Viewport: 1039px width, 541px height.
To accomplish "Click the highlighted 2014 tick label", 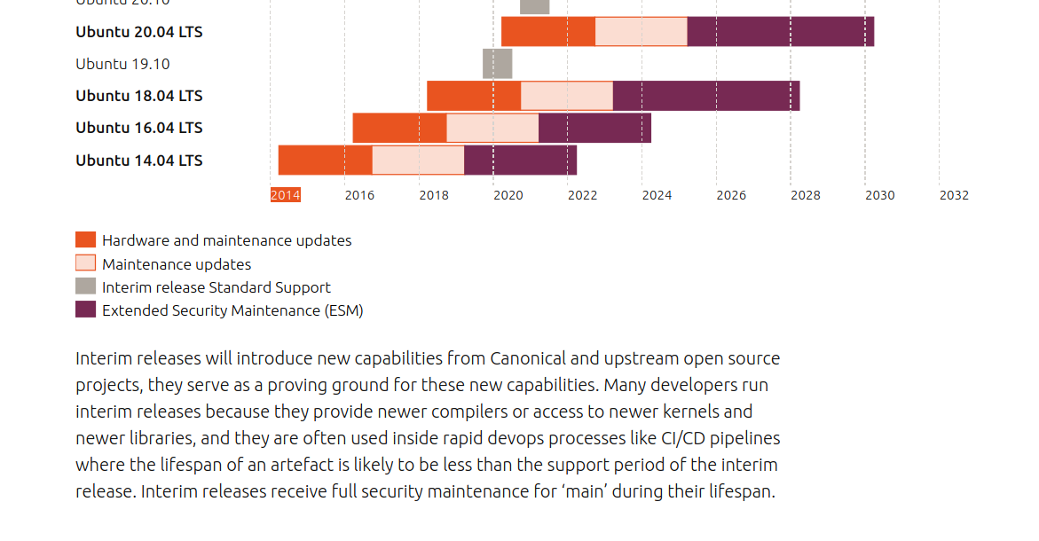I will pyautogui.click(x=286, y=195).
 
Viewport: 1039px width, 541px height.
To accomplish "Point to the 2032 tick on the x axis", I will pyautogui.click(x=954, y=195).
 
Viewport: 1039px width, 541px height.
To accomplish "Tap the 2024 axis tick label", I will pyautogui.click(x=657, y=195).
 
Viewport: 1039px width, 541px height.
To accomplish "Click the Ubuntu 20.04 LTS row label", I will pyautogui.click(x=139, y=32).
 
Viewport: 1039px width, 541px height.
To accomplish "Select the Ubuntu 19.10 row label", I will pyautogui.click(x=122, y=64).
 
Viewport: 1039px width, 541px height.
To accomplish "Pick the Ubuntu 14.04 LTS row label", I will pyautogui.click(x=139, y=161).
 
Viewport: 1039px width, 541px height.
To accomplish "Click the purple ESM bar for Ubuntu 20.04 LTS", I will pyautogui.click(x=780, y=32).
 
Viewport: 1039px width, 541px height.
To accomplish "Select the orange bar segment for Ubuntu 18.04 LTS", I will pyautogui.click(x=474, y=96).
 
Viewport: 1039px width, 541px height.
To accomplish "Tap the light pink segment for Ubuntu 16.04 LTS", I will pyautogui.click(x=492, y=128).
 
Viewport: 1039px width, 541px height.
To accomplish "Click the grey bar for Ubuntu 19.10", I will pyautogui.click(x=497, y=64).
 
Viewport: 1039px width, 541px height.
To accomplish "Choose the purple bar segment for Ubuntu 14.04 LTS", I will pyautogui.click(x=520, y=161).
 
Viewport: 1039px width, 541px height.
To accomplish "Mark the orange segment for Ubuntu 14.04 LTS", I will pyautogui.click(x=325, y=161).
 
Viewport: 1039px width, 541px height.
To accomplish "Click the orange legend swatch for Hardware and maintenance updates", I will pyautogui.click(x=85, y=240).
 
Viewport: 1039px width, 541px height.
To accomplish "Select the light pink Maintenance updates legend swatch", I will pyautogui.click(x=85, y=263).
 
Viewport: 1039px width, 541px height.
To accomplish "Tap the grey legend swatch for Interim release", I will pyautogui.click(x=85, y=286).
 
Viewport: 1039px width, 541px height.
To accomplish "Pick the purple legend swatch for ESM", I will pyautogui.click(x=85, y=310).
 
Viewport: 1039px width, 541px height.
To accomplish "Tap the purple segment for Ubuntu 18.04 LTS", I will pyautogui.click(x=706, y=96).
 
